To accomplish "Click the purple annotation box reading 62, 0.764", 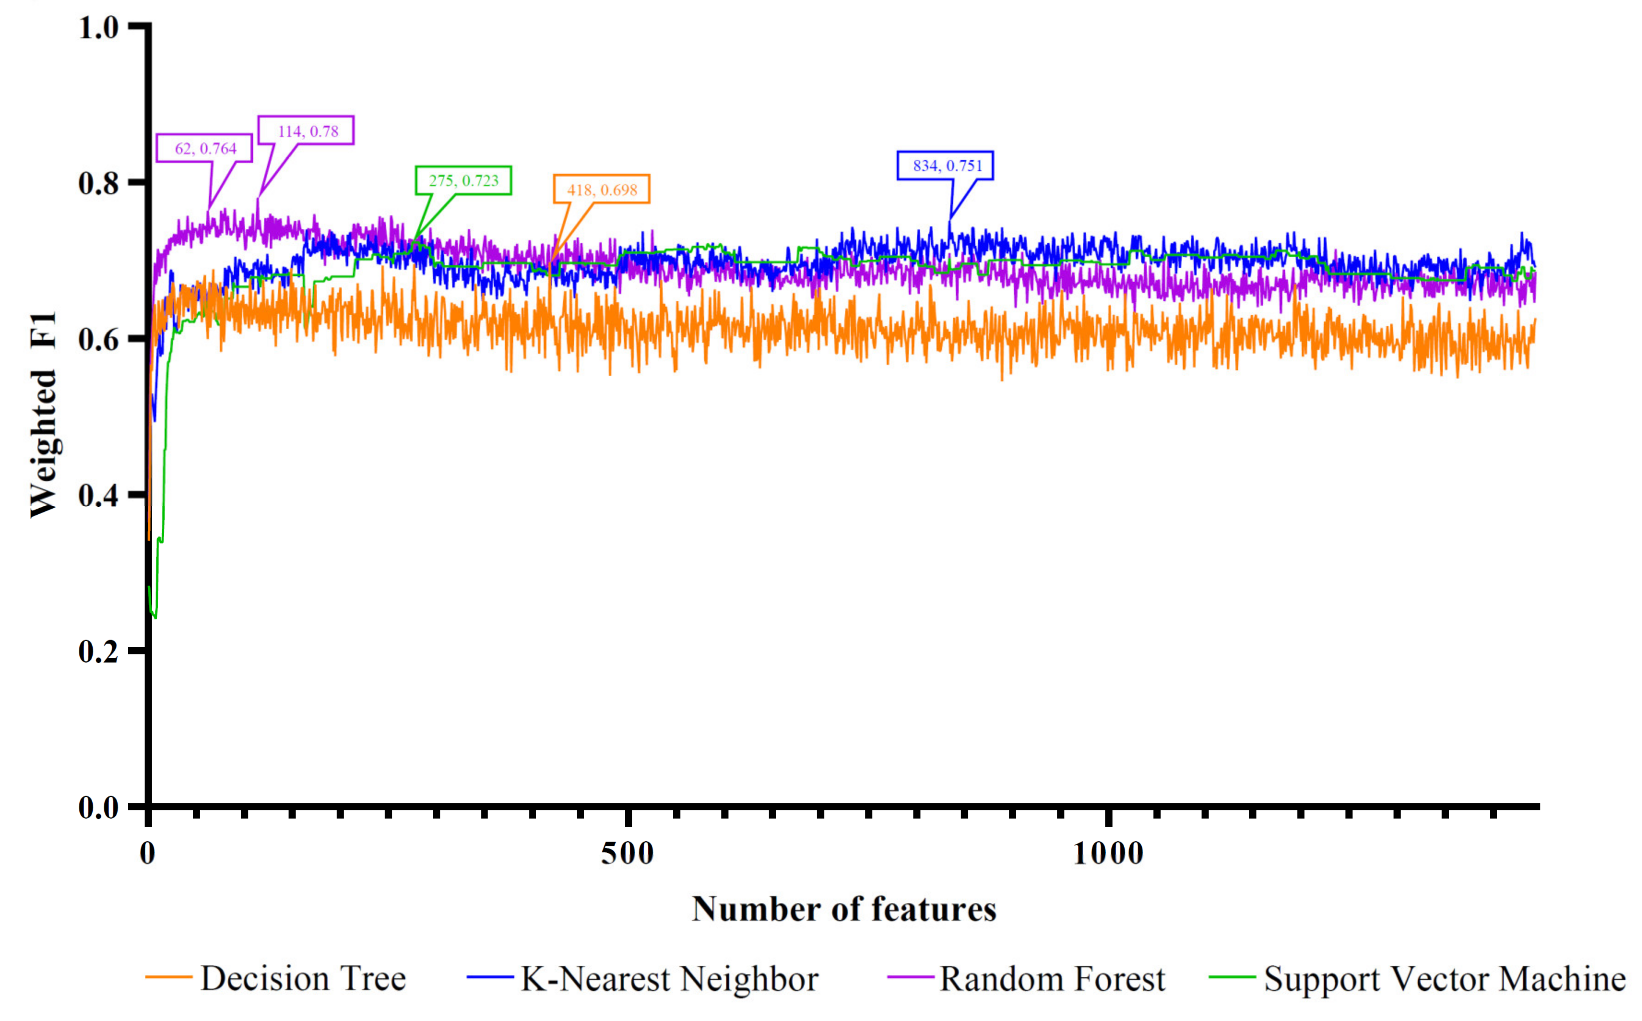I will (205, 148).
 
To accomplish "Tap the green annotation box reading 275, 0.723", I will (463, 180).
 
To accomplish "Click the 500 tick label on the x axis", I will (627, 854).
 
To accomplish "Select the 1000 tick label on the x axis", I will (1108, 854).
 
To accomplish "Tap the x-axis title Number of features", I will (844, 909).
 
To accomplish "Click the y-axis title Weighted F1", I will (43, 416).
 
